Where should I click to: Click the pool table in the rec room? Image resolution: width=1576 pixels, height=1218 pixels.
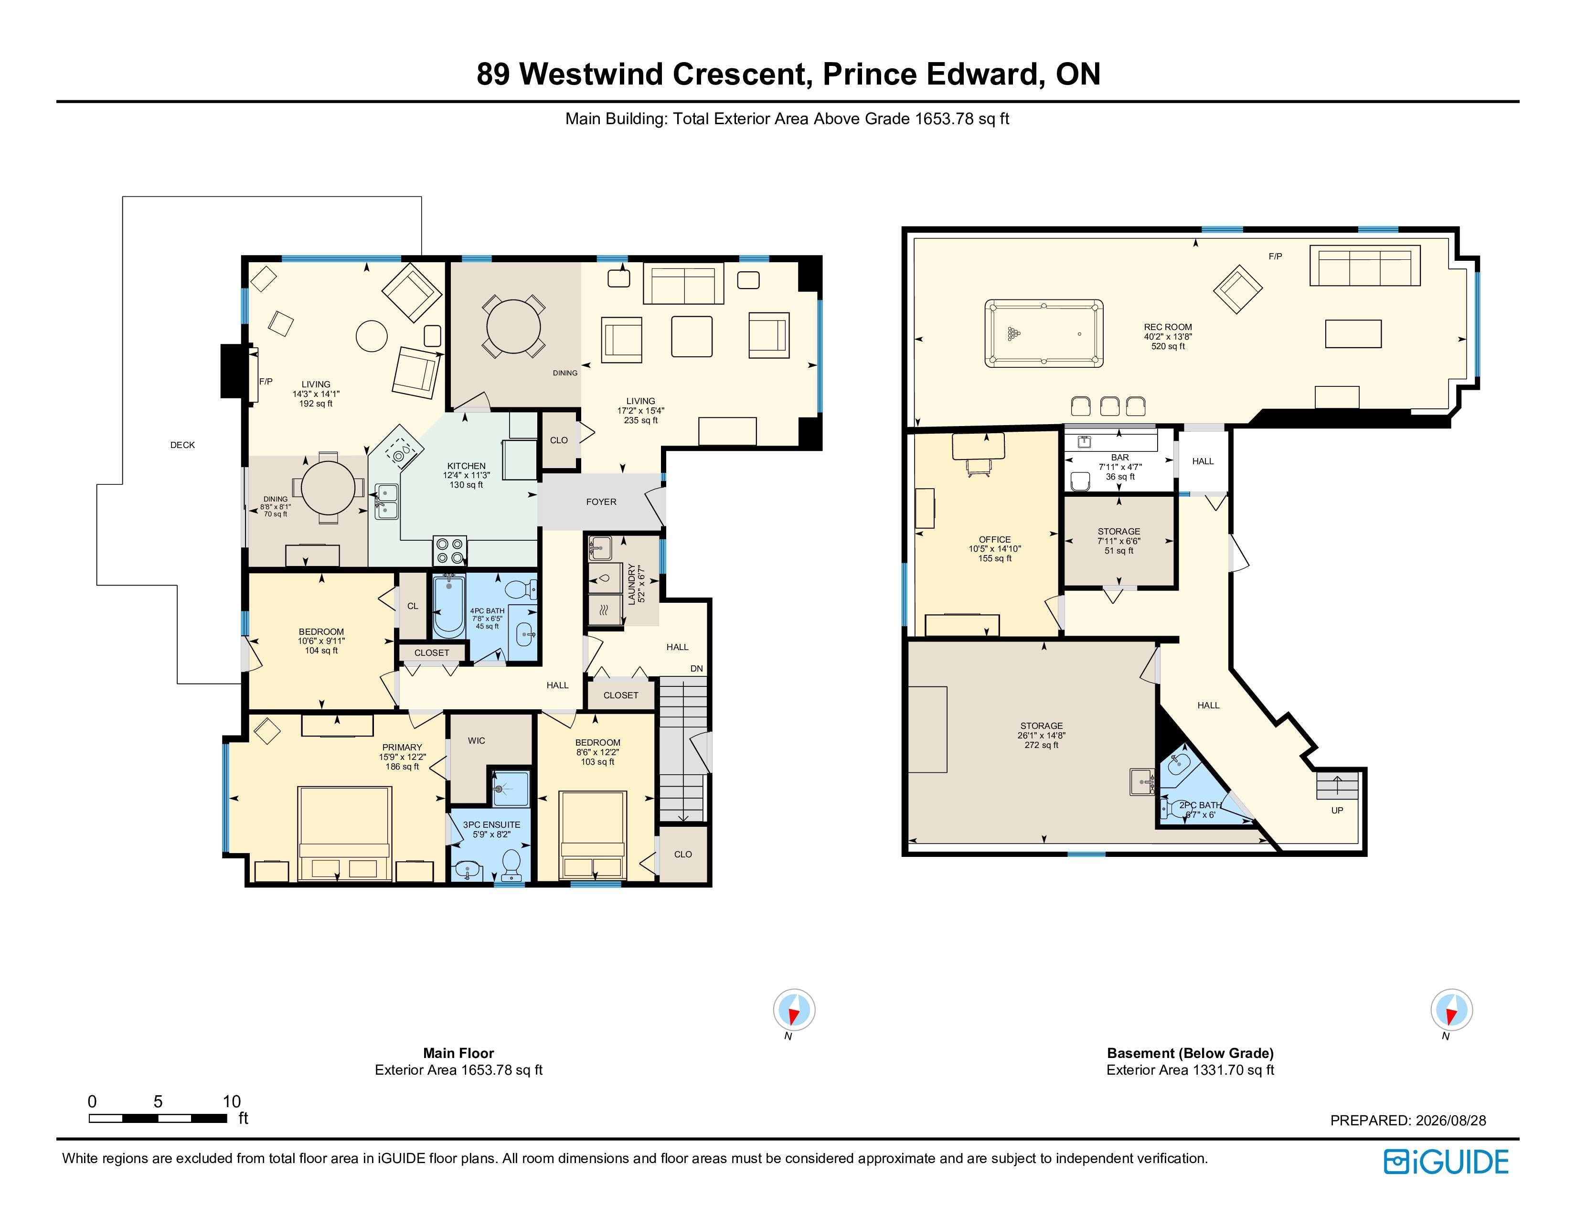(1044, 333)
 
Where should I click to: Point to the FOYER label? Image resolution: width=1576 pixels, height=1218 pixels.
(601, 502)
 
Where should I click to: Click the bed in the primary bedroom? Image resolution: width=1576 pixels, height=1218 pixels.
(345, 833)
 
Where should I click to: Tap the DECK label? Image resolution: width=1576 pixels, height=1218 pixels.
(182, 445)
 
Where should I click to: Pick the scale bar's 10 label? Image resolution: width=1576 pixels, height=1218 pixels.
(232, 1101)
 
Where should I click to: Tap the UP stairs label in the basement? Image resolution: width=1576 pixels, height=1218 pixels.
(1337, 810)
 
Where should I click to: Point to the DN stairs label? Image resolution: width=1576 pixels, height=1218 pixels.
(696, 669)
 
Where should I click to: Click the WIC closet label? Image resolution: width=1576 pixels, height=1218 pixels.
(476, 740)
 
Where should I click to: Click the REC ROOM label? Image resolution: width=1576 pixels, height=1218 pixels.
(1168, 327)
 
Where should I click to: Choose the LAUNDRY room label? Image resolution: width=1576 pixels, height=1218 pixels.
(631, 585)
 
